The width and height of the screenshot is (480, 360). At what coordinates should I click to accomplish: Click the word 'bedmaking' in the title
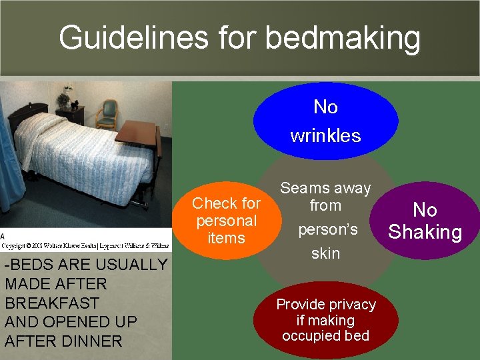pyautogui.click(x=343, y=38)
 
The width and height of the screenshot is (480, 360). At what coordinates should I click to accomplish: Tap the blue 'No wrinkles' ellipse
pyautogui.click(x=325, y=121)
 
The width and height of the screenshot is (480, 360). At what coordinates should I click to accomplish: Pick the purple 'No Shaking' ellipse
pyautogui.click(x=425, y=221)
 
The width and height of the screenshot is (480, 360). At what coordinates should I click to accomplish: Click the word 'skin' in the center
pyautogui.click(x=325, y=253)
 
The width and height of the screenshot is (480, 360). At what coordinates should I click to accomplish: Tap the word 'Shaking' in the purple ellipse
pyautogui.click(x=425, y=232)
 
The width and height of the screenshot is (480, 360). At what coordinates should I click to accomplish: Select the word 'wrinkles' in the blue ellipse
pyautogui.click(x=325, y=136)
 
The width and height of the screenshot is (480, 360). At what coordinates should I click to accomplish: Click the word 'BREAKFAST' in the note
pyautogui.click(x=52, y=303)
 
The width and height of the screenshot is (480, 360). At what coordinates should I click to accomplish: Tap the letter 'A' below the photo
pyautogui.click(x=3, y=237)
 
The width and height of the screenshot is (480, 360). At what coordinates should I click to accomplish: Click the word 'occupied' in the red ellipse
pyautogui.click(x=309, y=335)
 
